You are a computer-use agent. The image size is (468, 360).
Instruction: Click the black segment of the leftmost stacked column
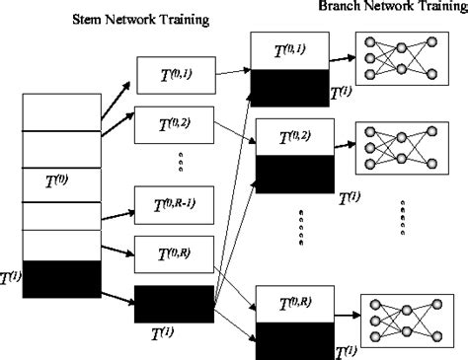point(60,278)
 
